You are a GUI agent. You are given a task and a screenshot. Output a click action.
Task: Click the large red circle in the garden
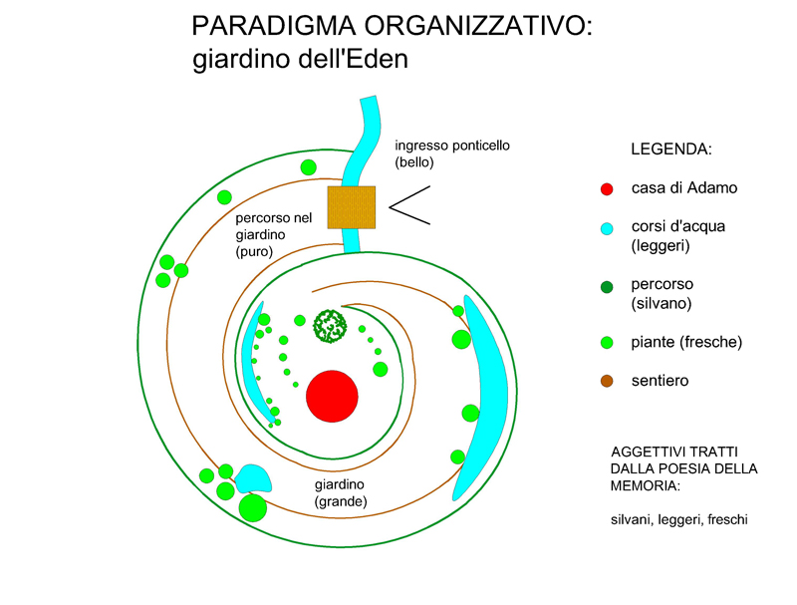click(x=332, y=396)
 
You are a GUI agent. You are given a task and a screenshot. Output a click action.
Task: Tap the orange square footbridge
click(x=352, y=207)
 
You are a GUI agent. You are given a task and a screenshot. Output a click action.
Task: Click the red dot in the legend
click(x=607, y=188)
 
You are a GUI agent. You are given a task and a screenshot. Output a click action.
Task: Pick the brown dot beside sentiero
click(x=607, y=381)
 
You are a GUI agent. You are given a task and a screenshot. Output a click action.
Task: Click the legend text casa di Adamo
click(x=684, y=187)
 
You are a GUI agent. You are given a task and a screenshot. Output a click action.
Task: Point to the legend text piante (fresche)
click(x=686, y=342)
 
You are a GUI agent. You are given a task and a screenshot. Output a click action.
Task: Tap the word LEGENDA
click(x=671, y=150)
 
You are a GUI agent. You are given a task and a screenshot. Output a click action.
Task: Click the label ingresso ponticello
click(x=452, y=146)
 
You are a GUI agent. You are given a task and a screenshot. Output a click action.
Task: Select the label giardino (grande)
click(x=341, y=493)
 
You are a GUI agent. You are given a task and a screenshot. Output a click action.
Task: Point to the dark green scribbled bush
click(x=329, y=325)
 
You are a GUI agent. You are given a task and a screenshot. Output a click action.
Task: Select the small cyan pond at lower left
click(x=253, y=477)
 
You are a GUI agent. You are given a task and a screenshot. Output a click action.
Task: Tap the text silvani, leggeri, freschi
click(x=679, y=519)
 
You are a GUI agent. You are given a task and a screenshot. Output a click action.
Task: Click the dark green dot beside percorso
click(x=607, y=289)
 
